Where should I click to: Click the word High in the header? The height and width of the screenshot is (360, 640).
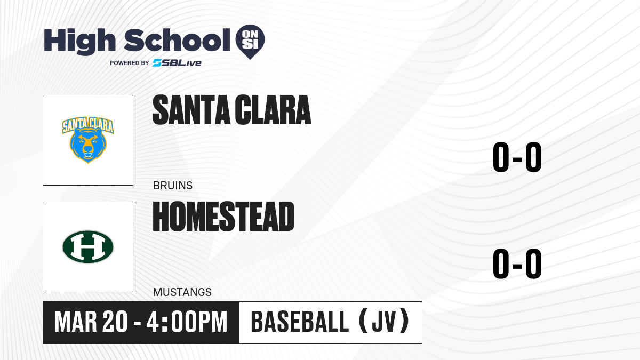[x=79, y=42]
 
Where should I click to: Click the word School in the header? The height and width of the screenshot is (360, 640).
[x=177, y=40]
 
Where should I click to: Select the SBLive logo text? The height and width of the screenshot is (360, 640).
[x=177, y=63]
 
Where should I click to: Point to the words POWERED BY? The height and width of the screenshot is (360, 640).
[x=130, y=63]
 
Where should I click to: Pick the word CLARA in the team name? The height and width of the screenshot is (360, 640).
[x=273, y=110]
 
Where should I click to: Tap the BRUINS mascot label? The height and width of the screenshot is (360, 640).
[x=173, y=186]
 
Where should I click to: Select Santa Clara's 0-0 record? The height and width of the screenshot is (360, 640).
[x=517, y=157]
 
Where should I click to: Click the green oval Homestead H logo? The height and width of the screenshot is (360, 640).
[x=88, y=247]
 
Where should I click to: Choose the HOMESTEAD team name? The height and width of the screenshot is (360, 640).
[x=223, y=217]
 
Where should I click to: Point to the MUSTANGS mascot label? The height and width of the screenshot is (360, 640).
[x=182, y=292]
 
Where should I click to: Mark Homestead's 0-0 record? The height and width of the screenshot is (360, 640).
[x=517, y=263]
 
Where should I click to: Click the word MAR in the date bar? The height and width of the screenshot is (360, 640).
[x=76, y=322]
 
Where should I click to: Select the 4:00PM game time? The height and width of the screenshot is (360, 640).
[x=187, y=322]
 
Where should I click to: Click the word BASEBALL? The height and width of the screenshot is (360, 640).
[x=300, y=322]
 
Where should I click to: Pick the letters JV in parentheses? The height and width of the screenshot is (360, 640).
[x=384, y=322]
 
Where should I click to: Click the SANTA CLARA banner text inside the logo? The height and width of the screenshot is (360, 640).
[x=88, y=125]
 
